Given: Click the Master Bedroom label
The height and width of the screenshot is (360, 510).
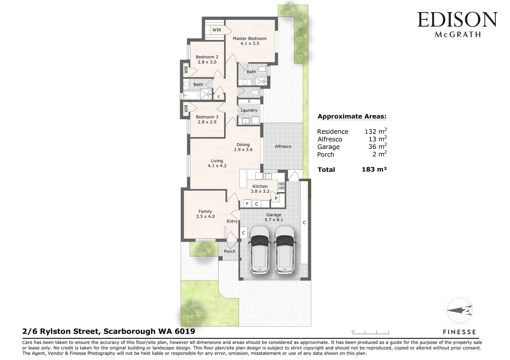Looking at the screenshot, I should point(249,38).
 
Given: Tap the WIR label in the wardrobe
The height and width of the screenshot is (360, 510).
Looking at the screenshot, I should point(216,30).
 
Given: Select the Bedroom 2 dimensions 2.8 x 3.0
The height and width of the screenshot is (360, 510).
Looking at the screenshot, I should point(207,62).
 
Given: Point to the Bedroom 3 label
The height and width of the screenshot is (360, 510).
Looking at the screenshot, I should point(207,117).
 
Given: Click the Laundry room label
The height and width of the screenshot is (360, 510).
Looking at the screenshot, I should point(249,110).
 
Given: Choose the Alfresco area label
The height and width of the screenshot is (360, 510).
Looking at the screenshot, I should point(283,146).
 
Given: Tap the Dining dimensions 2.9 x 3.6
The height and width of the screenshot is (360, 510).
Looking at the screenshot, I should point(243,150).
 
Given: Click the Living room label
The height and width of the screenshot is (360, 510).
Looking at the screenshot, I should point(217,161).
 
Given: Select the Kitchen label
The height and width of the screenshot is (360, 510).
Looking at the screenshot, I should point(260,186).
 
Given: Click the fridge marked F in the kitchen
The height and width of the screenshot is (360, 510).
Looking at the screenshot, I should point(247,204).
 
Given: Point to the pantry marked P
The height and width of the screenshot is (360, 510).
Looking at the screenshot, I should point(276,198).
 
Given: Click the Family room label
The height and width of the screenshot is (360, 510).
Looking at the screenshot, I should point(205,211).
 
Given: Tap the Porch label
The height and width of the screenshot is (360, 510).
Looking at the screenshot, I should point(229,251).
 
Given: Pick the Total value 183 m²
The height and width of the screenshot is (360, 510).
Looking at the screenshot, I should point(374,169).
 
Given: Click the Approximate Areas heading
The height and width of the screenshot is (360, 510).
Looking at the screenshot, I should point(352,116).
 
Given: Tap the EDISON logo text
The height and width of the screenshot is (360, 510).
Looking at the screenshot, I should point(457,20).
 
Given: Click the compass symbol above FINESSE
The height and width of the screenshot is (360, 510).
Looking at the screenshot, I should point(460,311).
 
